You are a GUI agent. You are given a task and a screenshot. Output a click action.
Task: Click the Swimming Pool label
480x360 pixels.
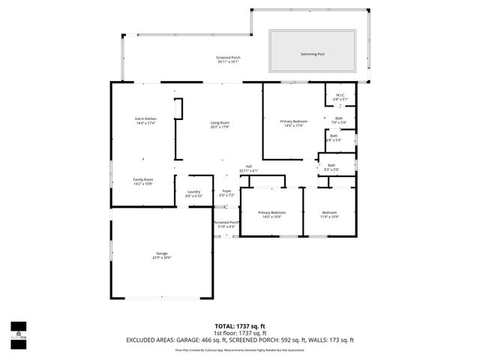point(313,55)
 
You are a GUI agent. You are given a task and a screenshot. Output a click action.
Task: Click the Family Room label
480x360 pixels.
point(143,181)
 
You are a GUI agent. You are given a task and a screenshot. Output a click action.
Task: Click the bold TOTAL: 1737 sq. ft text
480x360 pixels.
point(240,326)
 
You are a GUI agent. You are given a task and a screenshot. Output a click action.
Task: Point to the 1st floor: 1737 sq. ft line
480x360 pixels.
point(240,333)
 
